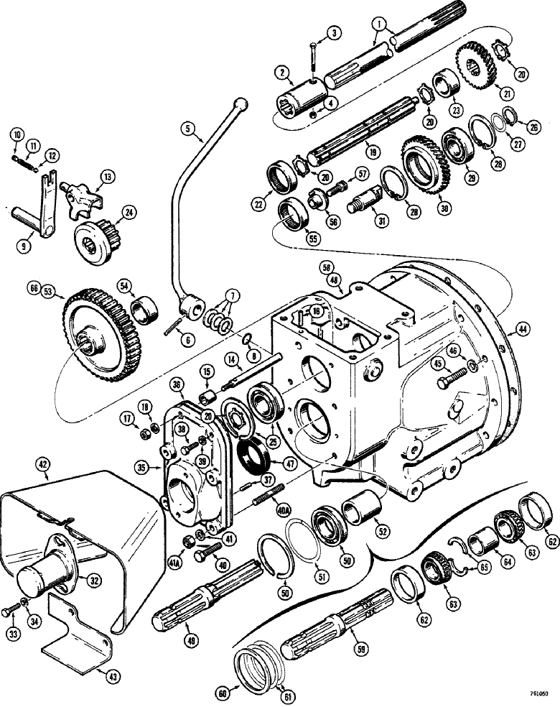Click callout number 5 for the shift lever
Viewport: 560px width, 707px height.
[189, 129]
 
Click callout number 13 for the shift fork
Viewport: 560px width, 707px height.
[107, 176]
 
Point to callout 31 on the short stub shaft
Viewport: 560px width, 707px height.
[381, 222]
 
